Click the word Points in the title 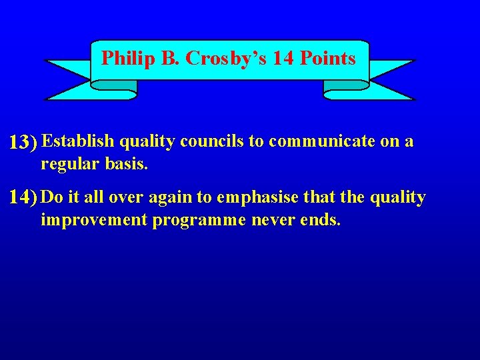pos(327,59)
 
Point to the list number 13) pos(23,142)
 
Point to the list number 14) pos(23,198)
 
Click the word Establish pos(78,141)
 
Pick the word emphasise pos(257,197)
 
